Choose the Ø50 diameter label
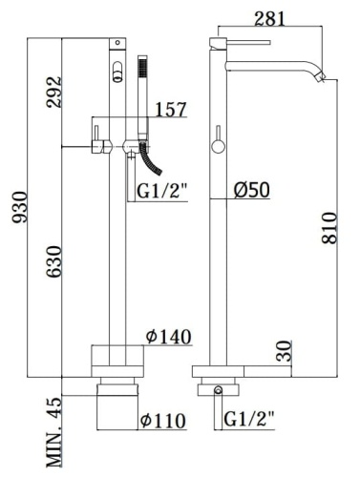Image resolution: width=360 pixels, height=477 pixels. point(252,190)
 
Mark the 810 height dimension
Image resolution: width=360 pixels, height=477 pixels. point(329,229)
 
